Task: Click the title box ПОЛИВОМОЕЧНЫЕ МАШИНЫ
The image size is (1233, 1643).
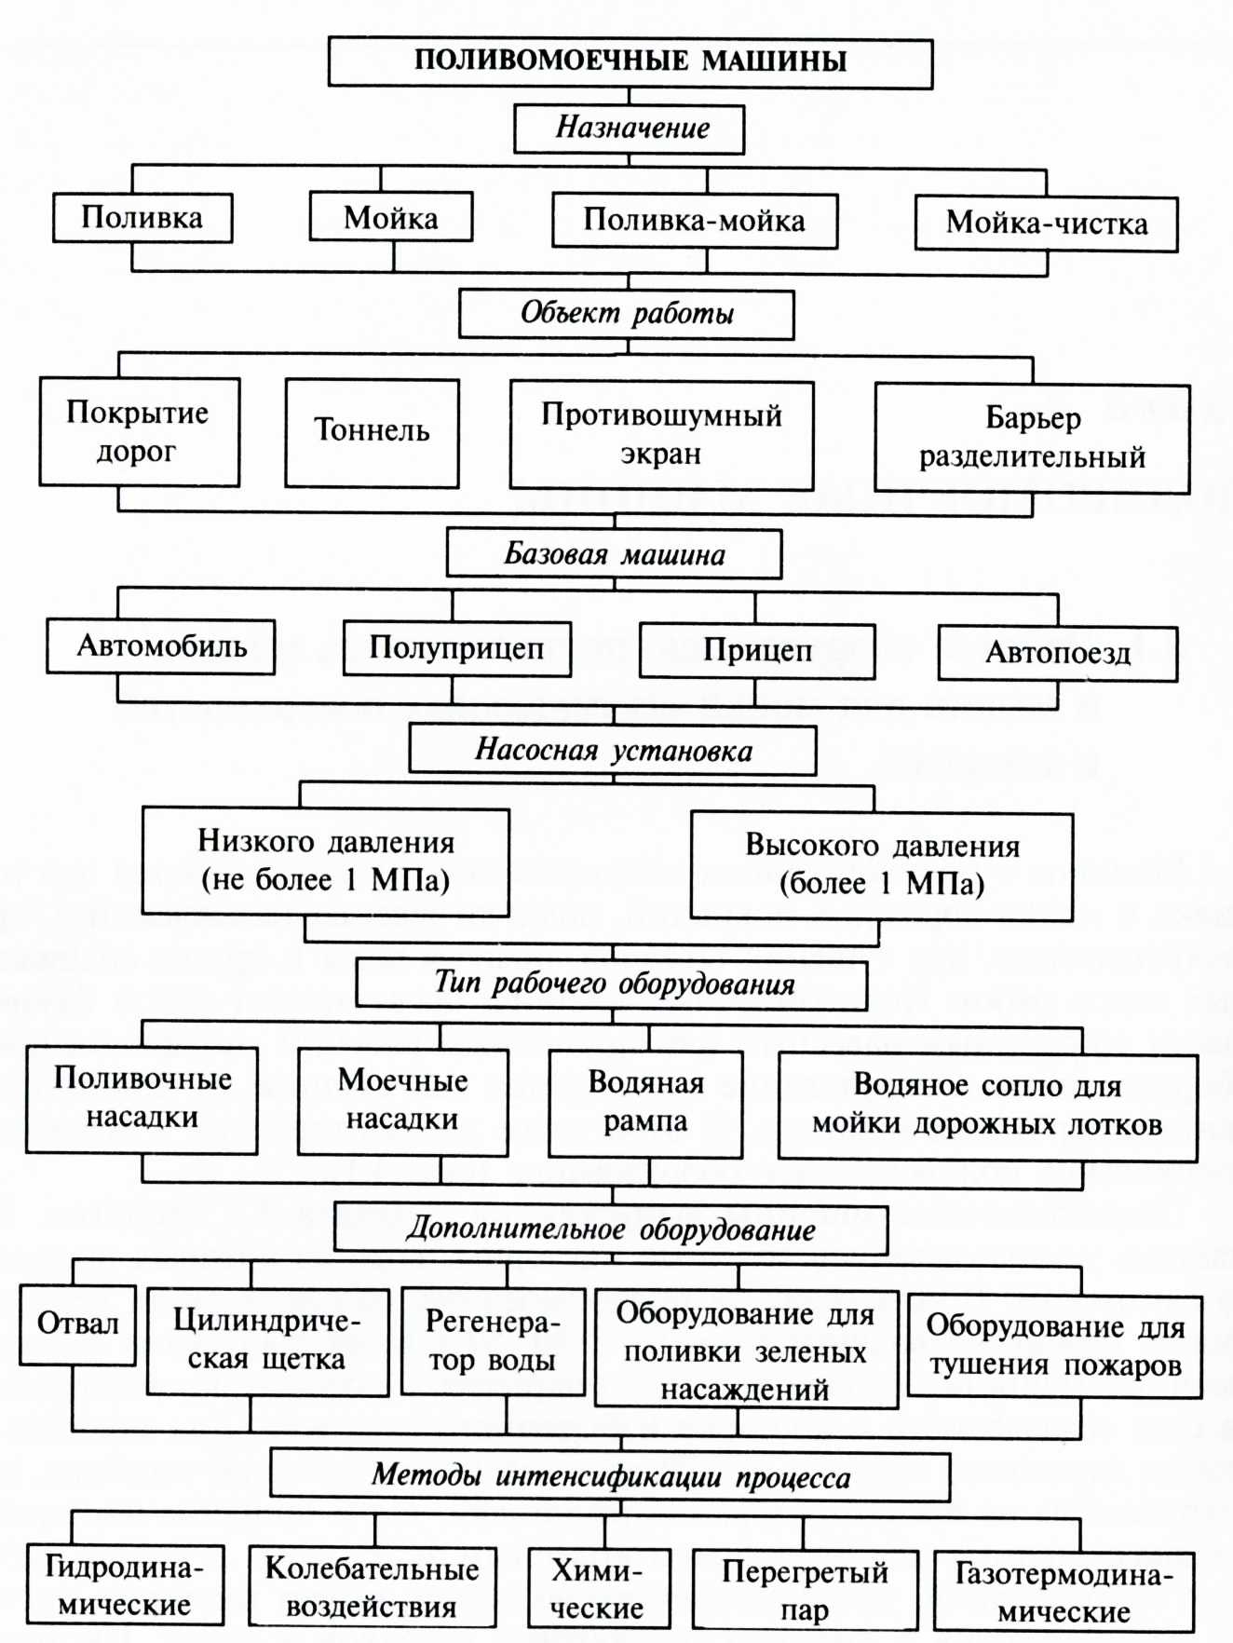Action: click(x=630, y=62)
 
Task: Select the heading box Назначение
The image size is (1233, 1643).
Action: click(x=630, y=129)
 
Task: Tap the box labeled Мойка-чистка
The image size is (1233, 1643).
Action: click(x=1046, y=224)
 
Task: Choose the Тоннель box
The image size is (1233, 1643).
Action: click(x=372, y=432)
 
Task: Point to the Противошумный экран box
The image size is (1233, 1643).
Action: click(x=661, y=435)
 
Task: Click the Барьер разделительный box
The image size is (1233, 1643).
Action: click(x=1032, y=438)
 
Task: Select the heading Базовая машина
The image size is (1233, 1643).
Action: click(x=614, y=554)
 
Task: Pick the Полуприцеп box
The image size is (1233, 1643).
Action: click(x=456, y=648)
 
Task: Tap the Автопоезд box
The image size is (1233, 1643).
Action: click(x=1058, y=653)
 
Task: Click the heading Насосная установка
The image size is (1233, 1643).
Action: click(x=613, y=751)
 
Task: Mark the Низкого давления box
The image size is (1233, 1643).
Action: click(x=325, y=862)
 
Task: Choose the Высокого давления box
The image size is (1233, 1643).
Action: click(x=881, y=865)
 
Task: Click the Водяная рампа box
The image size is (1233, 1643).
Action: click(x=645, y=1104)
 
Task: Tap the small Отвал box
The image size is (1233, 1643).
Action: click(x=78, y=1324)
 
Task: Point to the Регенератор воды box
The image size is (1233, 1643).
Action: click(x=493, y=1341)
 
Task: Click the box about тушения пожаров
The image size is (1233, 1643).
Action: click(x=1054, y=1346)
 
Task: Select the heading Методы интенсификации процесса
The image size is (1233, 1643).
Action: click(x=610, y=1476)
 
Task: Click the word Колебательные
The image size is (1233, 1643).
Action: click(x=372, y=1569)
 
